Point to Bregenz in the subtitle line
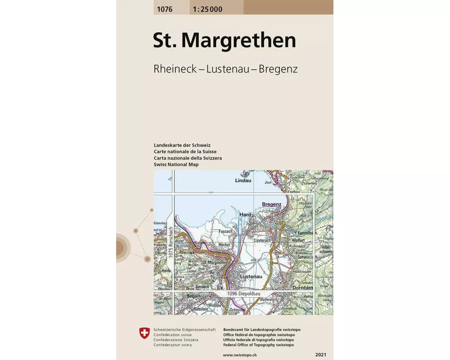[x=278, y=69]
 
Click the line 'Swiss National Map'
[x=176, y=165]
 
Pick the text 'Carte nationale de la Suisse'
[x=185, y=152]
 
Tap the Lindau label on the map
[x=243, y=180]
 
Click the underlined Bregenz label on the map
[x=271, y=204]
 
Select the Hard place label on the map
[x=245, y=215]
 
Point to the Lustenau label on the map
[x=251, y=277]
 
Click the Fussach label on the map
[x=225, y=231]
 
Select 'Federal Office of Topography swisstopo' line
[x=258, y=345]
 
